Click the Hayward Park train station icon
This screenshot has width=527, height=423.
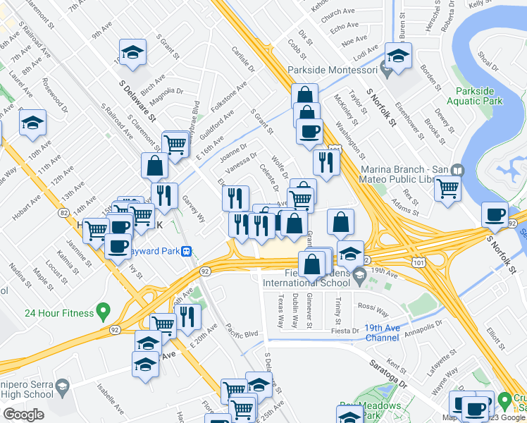coord(187,251)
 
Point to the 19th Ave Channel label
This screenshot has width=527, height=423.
coord(392,333)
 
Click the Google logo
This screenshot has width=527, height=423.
coord(23,415)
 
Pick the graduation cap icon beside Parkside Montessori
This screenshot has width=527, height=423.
coord(398,57)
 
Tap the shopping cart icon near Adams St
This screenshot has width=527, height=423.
coord(448,188)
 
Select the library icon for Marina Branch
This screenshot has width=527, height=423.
coord(458,171)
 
